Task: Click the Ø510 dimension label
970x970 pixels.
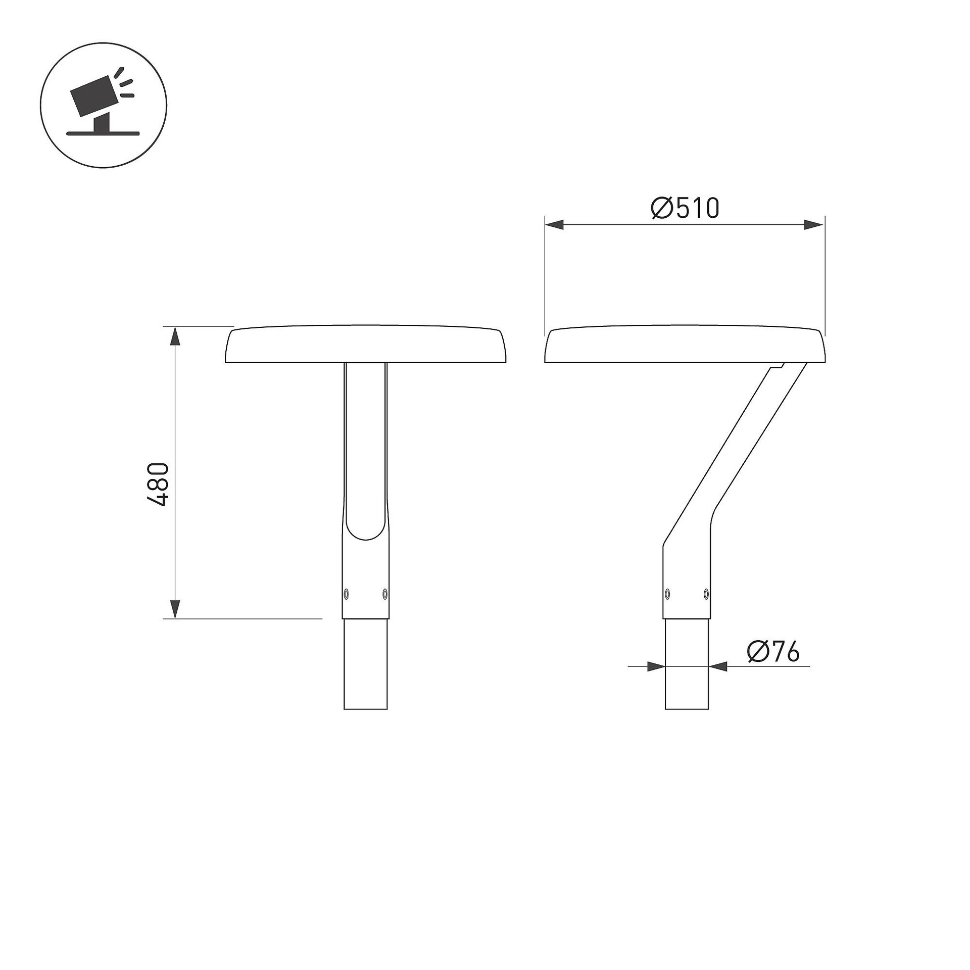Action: (x=685, y=209)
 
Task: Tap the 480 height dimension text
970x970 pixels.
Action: (x=158, y=484)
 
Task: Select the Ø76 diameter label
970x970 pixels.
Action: (x=773, y=652)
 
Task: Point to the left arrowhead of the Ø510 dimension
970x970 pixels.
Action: (x=554, y=225)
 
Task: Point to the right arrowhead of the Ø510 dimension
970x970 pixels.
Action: (x=814, y=225)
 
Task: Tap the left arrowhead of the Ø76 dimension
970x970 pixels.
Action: (x=656, y=666)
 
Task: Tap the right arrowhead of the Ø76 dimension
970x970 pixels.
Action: (x=717, y=666)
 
